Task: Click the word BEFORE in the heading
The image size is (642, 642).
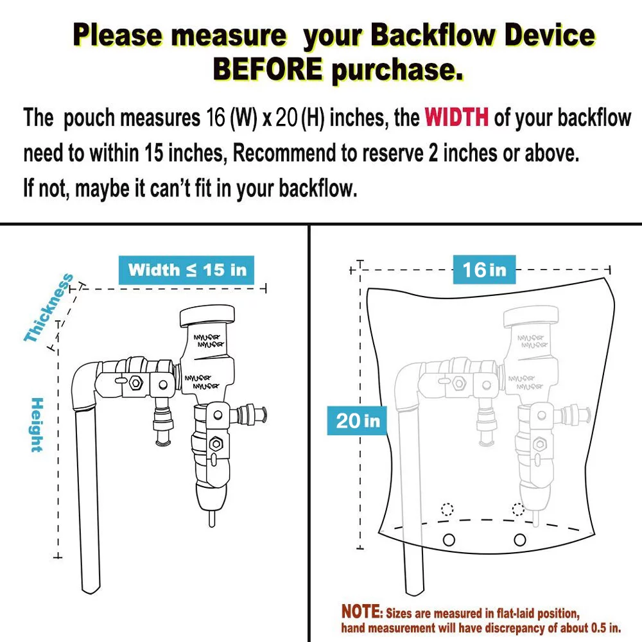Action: tap(267, 69)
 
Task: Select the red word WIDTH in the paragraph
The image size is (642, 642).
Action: tap(456, 118)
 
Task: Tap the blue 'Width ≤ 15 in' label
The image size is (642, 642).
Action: tap(187, 269)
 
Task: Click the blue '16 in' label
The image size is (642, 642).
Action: tap(484, 270)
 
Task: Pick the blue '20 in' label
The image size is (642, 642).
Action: tap(358, 421)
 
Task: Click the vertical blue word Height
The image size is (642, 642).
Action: tap(37, 425)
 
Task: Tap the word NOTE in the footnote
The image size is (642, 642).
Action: tap(361, 611)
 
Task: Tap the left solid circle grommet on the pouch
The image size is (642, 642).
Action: tap(449, 538)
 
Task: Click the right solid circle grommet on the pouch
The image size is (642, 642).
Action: tap(519, 538)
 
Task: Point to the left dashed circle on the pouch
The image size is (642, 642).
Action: tap(447, 510)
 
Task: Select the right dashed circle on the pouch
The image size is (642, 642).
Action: tap(518, 510)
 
